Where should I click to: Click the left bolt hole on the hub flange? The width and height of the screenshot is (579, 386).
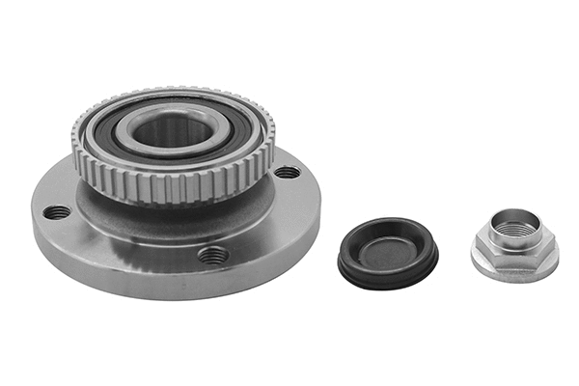click(57, 212)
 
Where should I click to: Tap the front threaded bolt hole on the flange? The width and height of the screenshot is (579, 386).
click(213, 255)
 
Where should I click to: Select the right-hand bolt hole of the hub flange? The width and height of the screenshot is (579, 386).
click(287, 173)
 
